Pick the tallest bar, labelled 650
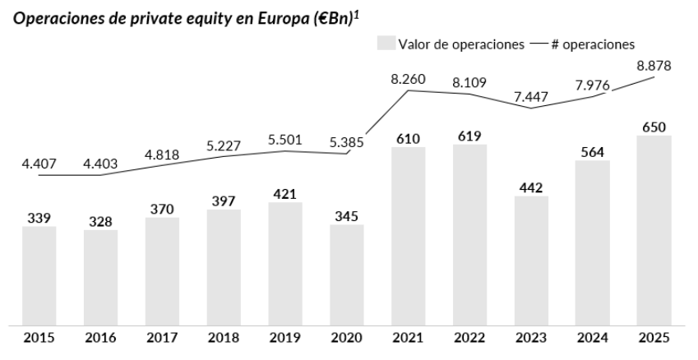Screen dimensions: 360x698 654,230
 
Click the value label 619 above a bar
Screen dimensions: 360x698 470,136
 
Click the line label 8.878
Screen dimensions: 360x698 654,67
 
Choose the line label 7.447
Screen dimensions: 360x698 531,96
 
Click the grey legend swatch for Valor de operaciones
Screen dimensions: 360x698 385,44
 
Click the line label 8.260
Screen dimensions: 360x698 409,79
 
